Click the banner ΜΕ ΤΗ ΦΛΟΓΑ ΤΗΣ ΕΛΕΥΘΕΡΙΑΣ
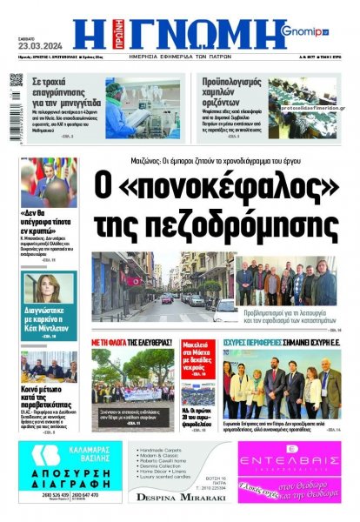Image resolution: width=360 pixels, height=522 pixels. pyautogui.click(x=129, y=342)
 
